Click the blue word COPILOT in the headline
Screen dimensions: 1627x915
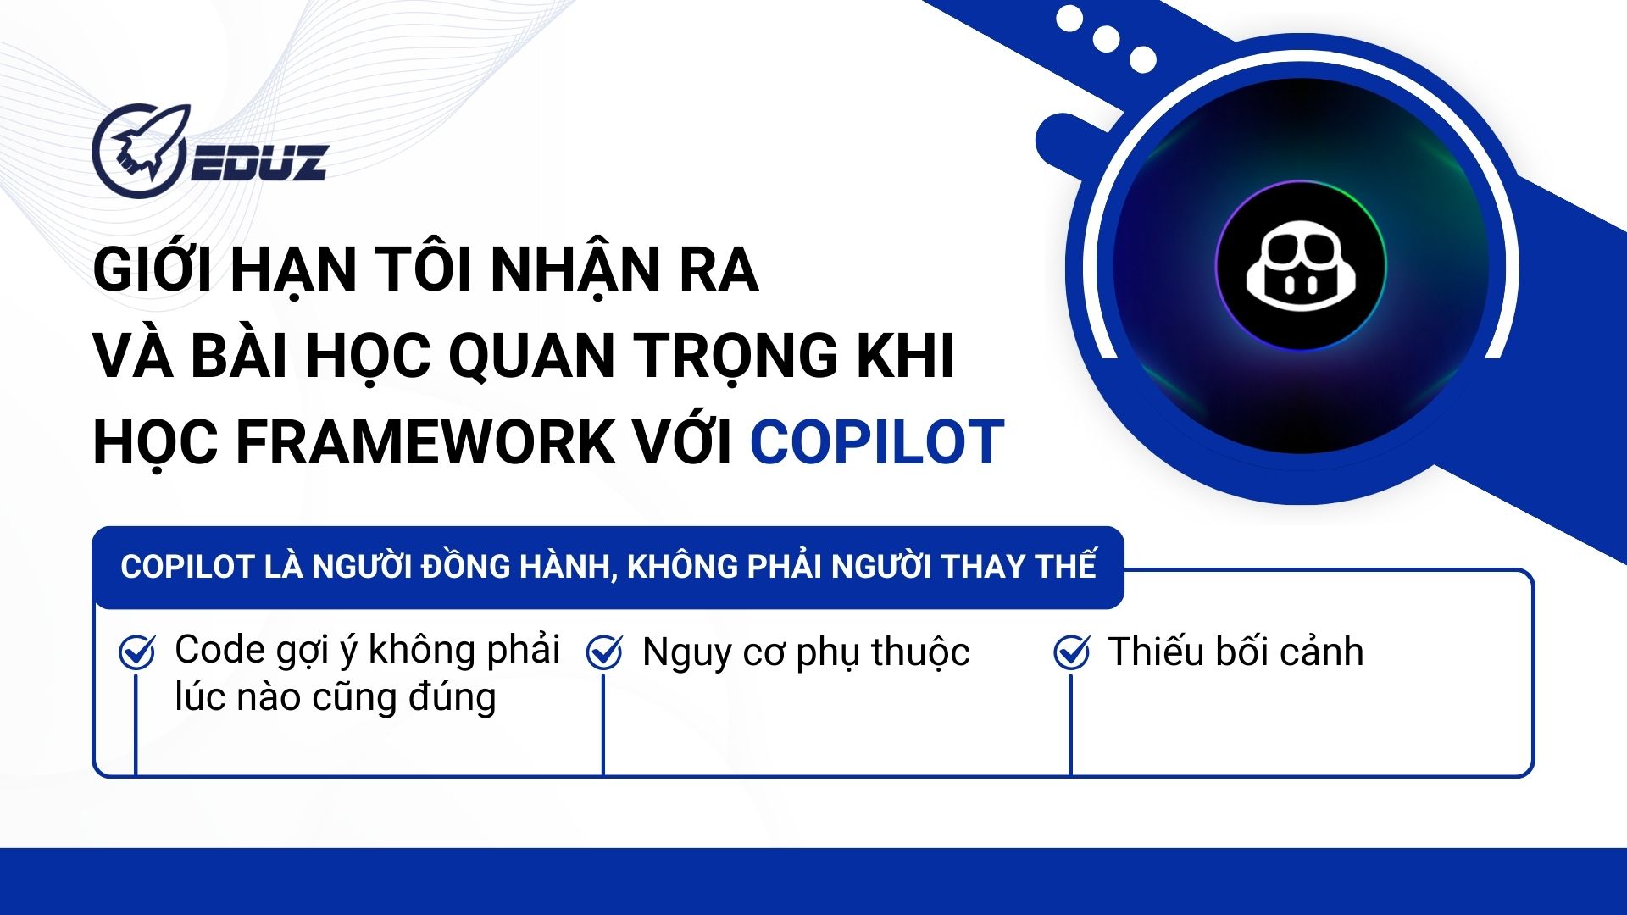[x=877, y=442]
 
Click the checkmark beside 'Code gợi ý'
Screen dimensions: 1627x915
[x=136, y=652]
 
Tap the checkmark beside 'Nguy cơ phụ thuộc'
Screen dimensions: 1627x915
[x=604, y=652]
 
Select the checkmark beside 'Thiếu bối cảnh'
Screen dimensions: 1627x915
[x=1071, y=652]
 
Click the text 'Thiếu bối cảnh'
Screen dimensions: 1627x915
[x=1236, y=652]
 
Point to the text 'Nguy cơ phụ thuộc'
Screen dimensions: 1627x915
[x=806, y=653]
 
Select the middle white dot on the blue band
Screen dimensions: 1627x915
[x=1106, y=39]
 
